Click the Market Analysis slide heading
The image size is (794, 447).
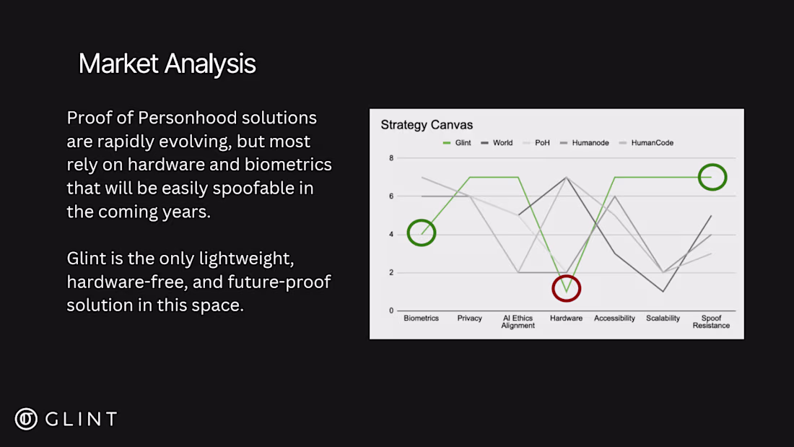167,64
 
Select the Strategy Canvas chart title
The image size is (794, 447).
427,125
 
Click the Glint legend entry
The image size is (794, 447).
457,143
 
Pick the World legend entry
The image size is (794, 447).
497,143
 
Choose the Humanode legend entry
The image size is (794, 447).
585,143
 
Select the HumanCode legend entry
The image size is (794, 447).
646,143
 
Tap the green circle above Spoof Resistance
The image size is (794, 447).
712,164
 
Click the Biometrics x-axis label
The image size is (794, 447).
422,318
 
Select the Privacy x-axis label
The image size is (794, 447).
469,318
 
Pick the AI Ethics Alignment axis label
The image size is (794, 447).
518,322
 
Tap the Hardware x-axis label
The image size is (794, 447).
566,318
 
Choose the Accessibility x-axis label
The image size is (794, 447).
614,318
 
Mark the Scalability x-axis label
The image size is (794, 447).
663,318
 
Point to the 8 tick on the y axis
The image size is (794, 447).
391,158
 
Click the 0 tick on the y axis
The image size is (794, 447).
391,311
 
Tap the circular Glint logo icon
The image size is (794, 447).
26,419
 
